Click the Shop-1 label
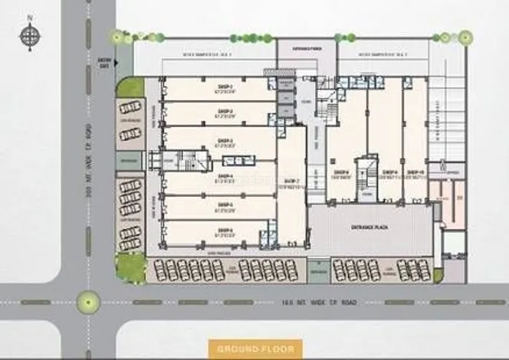225,87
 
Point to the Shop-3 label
225,140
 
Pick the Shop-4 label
225,177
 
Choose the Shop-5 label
225,205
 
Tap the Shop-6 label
225,230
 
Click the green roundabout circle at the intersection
90,302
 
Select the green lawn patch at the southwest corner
131,267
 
